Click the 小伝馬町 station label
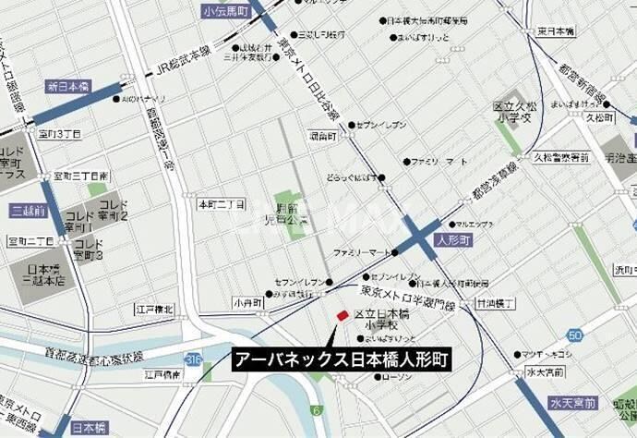click(x=227, y=10)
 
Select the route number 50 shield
click(x=576, y=335)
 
